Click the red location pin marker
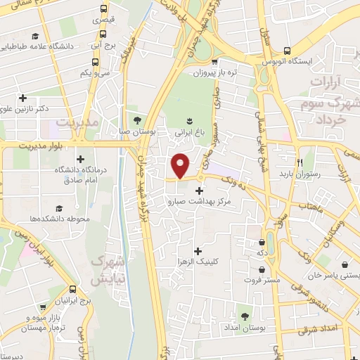(x=181, y=165)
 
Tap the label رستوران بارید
(x=300, y=173)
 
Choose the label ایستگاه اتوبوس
(x=287, y=62)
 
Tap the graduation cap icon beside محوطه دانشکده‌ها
(x=60, y=208)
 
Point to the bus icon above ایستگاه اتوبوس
(x=287, y=50)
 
